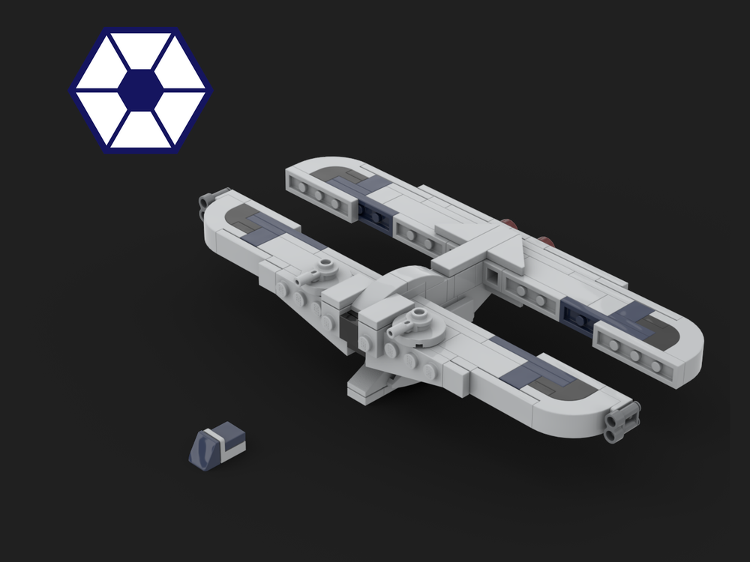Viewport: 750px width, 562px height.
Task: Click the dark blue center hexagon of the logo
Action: pyautogui.click(x=141, y=89)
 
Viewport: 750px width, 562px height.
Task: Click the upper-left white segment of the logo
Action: pyautogui.click(x=106, y=69)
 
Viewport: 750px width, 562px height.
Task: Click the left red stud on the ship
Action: pyautogui.click(x=510, y=223)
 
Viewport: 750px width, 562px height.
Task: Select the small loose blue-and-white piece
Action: pyautogui.click(x=217, y=447)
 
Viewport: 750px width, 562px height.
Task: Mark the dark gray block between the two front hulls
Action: pyautogui.click(x=349, y=327)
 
